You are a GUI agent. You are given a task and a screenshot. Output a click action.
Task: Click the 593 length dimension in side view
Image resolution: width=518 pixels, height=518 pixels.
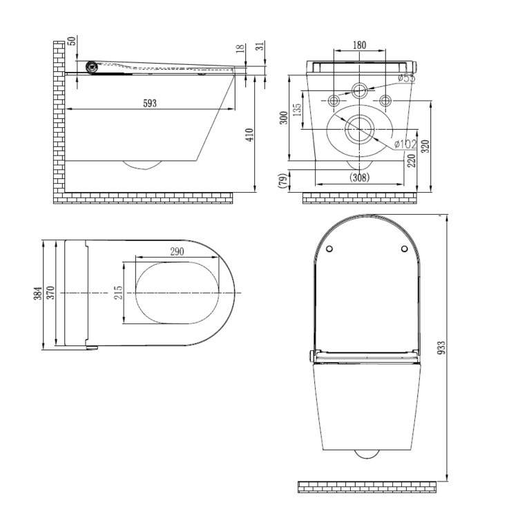pos(150,103)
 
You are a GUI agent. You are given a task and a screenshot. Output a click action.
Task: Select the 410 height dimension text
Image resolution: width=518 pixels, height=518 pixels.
pos(251,135)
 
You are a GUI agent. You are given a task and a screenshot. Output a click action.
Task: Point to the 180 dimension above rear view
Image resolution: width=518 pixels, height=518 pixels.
pos(359,46)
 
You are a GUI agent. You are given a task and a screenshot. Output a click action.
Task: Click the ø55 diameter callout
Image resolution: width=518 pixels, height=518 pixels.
pos(405,78)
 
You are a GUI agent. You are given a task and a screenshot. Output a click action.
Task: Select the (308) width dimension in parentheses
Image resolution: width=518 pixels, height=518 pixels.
pos(359,177)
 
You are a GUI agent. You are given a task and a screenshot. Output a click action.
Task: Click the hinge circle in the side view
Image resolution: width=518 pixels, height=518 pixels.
pos(91,67)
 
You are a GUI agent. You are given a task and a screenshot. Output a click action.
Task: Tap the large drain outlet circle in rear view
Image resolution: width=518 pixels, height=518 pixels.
pos(359,128)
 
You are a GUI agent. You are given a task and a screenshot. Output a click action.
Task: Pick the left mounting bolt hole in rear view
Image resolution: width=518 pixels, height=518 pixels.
pos(334,101)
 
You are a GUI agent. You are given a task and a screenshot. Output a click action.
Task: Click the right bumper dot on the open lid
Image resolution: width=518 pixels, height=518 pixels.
pos(403,249)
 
